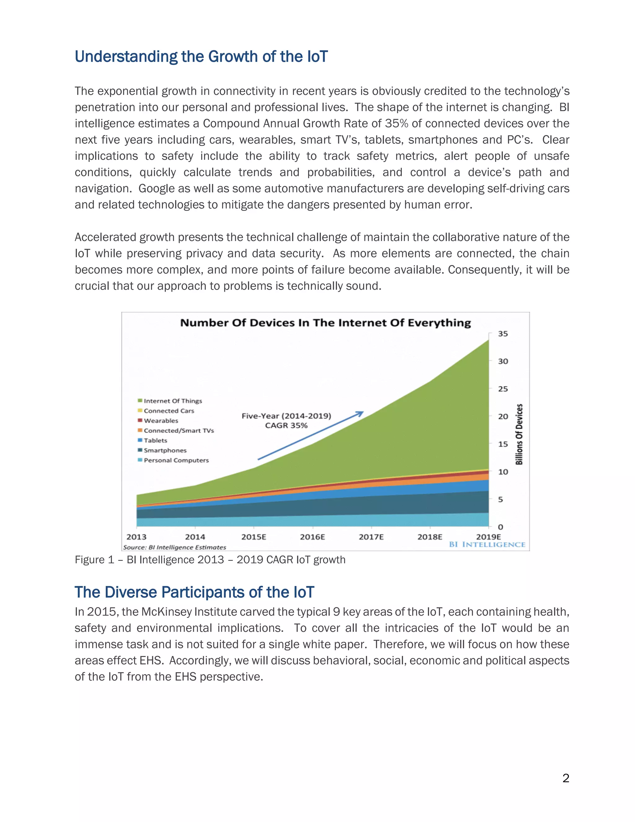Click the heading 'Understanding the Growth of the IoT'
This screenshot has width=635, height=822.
[x=201, y=57]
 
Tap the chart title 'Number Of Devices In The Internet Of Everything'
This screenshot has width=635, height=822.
[x=325, y=323]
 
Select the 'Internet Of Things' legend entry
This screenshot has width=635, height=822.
[x=172, y=401]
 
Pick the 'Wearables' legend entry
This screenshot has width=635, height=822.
[x=161, y=421]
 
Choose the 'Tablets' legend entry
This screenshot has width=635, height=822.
[x=155, y=440]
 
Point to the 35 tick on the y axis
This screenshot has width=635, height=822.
[x=503, y=334]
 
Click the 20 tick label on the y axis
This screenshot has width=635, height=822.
[x=503, y=417]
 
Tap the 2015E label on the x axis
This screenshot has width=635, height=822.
[x=254, y=537]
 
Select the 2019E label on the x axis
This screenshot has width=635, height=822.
[x=488, y=537]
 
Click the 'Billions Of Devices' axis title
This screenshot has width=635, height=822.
[x=519, y=434]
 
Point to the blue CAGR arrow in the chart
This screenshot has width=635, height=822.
[x=310, y=436]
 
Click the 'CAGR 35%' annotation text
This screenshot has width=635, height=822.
[x=286, y=426]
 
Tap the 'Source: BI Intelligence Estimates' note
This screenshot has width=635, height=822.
[x=175, y=547]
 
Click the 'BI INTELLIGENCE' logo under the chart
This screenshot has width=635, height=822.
[x=487, y=545]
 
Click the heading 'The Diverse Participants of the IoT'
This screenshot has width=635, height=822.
[x=194, y=592]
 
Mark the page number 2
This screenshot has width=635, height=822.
[x=566, y=778]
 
